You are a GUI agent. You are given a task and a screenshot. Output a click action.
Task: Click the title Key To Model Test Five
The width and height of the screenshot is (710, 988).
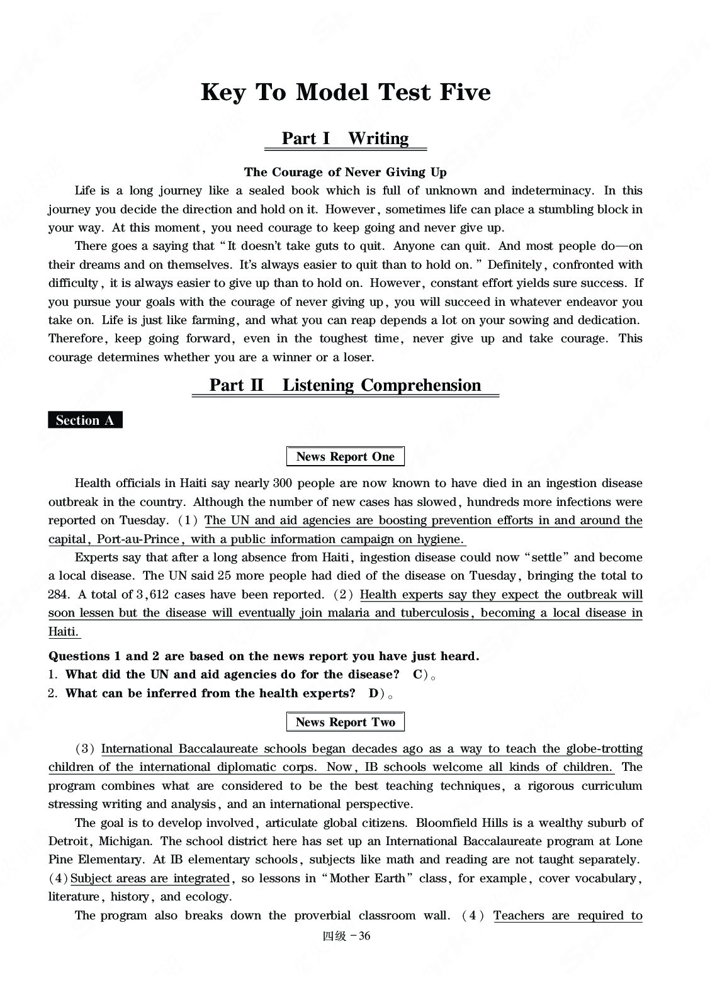click(346, 93)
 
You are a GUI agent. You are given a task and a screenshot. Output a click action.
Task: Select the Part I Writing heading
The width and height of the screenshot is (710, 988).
click(345, 138)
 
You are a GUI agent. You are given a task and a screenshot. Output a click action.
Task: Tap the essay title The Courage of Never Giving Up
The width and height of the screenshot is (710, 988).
click(345, 172)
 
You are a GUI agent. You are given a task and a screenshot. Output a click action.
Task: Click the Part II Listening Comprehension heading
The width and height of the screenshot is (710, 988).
click(345, 385)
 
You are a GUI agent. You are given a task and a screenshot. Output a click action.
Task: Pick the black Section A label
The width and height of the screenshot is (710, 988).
click(85, 420)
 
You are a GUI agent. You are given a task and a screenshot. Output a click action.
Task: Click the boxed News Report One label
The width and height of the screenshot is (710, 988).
click(345, 457)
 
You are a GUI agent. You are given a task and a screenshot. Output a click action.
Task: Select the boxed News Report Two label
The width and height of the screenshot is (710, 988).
click(345, 722)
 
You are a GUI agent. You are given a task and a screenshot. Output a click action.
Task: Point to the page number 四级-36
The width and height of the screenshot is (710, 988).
click(346, 936)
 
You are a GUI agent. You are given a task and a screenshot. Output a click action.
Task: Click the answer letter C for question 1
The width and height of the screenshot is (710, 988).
click(417, 675)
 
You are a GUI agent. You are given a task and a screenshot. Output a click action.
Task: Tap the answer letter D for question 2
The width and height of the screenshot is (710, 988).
click(373, 693)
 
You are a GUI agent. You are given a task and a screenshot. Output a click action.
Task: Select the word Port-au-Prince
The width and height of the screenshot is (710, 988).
click(139, 539)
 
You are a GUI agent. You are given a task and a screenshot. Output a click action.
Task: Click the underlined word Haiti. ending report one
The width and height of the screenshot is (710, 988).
click(64, 632)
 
